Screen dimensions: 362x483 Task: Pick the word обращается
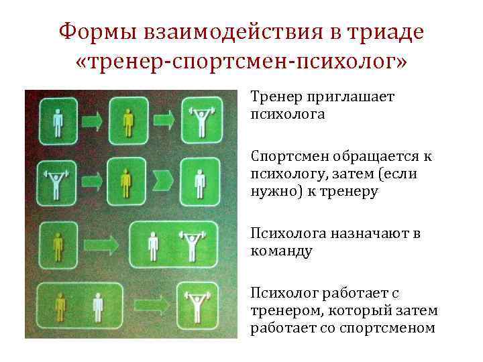coord(376,157)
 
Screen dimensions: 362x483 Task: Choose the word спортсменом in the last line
coord(387,328)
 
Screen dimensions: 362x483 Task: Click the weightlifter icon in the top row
coord(200,121)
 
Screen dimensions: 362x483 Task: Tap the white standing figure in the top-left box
coord(58,121)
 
